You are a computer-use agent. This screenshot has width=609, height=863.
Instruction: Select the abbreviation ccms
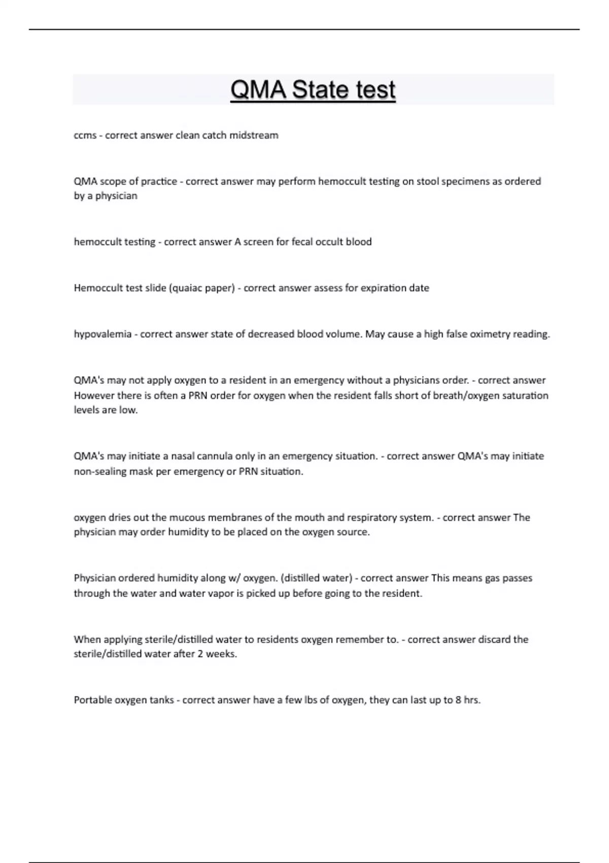pyautogui.click(x=85, y=136)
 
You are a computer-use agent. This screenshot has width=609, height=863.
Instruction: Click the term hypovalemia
pyautogui.click(x=103, y=335)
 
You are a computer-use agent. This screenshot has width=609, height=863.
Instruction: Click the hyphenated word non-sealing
pyautogui.click(x=100, y=472)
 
